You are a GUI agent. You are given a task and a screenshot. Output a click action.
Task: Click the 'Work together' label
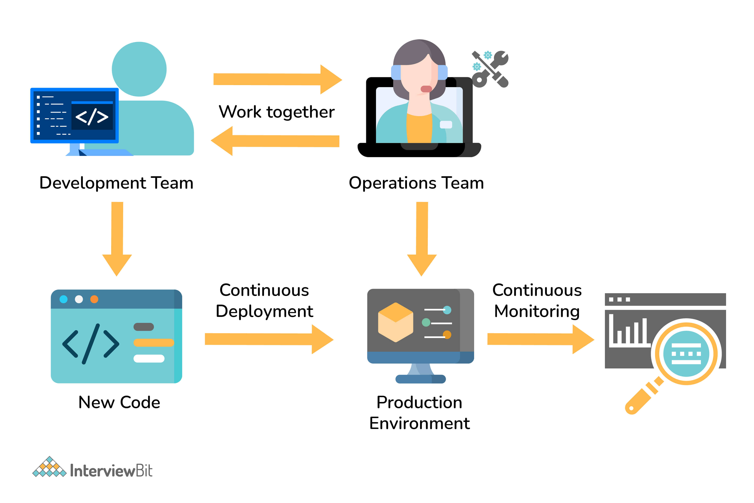[x=276, y=112]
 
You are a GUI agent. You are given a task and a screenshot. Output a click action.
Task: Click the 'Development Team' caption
[x=116, y=183]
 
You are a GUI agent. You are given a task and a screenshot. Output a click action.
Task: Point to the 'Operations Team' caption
[x=416, y=183]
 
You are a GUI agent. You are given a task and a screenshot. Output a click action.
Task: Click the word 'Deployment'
[x=264, y=311]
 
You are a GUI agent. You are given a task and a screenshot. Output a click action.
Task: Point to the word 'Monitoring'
[x=537, y=311]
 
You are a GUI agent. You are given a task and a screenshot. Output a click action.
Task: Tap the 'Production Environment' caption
[x=419, y=413]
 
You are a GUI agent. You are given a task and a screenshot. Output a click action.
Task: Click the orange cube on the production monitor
[x=395, y=322]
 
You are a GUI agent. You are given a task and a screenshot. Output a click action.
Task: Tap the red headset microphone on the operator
[x=426, y=89]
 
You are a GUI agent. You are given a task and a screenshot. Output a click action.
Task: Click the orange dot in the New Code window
[x=94, y=299]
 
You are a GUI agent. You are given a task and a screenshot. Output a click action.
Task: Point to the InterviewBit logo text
[x=111, y=471]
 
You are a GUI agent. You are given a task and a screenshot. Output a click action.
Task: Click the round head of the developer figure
[x=139, y=69]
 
